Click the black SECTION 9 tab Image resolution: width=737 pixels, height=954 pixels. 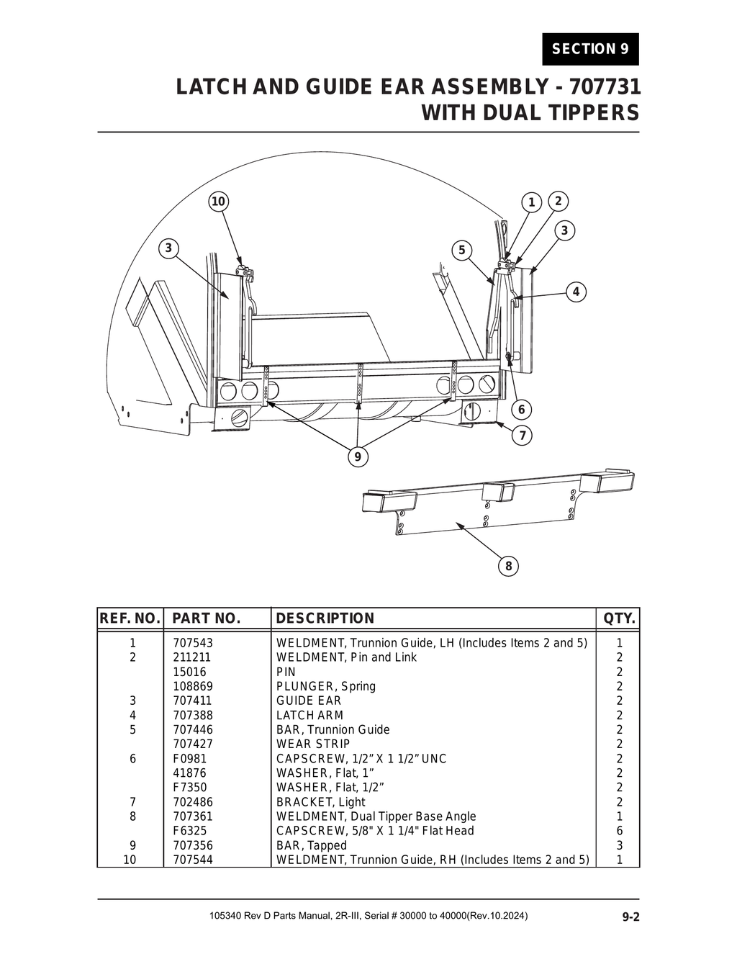590,49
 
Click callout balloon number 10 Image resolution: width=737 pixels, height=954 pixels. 218,202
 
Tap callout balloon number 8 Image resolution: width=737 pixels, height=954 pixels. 508,566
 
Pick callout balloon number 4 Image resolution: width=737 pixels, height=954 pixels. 576,292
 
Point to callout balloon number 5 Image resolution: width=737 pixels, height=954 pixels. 461,251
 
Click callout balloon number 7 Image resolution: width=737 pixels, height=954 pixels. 521,436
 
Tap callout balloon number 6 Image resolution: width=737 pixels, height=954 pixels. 521,410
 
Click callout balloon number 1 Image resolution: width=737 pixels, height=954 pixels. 531,202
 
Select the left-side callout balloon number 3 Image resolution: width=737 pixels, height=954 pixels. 168,248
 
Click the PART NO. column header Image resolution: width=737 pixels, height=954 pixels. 206,618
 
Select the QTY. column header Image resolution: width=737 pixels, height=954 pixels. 619,618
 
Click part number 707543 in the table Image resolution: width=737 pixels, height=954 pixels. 193,643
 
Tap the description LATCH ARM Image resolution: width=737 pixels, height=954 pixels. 309,715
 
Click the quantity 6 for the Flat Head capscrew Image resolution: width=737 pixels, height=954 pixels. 620,831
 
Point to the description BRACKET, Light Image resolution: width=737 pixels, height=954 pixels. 320,802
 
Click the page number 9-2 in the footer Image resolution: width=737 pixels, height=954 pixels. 631,917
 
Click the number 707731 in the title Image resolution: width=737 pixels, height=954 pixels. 605,87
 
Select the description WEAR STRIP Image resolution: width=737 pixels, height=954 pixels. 313,744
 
